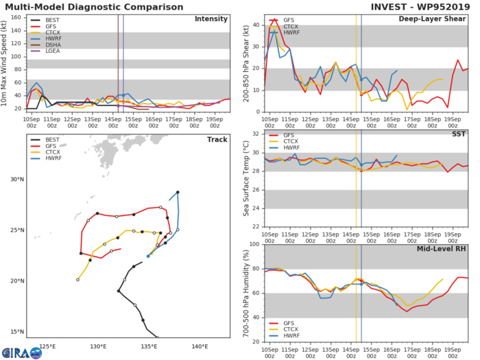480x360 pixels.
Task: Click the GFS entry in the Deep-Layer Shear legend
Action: tap(284, 21)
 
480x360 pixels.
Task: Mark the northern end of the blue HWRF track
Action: tap(178, 192)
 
